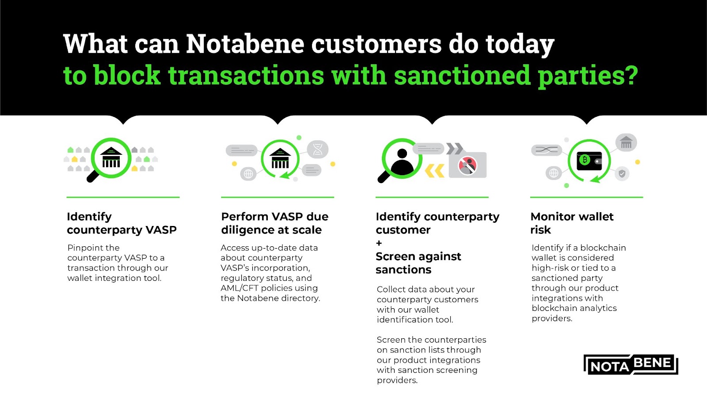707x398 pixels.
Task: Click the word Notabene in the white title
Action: (245, 44)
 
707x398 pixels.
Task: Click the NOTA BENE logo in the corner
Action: (631, 364)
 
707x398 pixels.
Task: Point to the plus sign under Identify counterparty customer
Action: (379, 243)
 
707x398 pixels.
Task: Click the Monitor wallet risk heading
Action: (572, 223)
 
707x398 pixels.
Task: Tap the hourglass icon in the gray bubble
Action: (318, 149)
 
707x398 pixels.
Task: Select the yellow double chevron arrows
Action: (435, 171)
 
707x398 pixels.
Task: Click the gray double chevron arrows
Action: (455, 149)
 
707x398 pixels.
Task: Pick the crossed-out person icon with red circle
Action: (468, 165)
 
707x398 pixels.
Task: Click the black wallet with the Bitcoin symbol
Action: (589, 161)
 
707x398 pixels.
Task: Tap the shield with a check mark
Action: (622, 173)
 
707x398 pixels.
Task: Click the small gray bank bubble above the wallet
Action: (626, 142)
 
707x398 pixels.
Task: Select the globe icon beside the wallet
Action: (554, 173)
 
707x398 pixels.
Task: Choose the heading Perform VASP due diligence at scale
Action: (274, 223)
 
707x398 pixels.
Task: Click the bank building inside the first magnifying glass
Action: (111, 157)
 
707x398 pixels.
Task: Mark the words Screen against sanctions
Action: (418, 263)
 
